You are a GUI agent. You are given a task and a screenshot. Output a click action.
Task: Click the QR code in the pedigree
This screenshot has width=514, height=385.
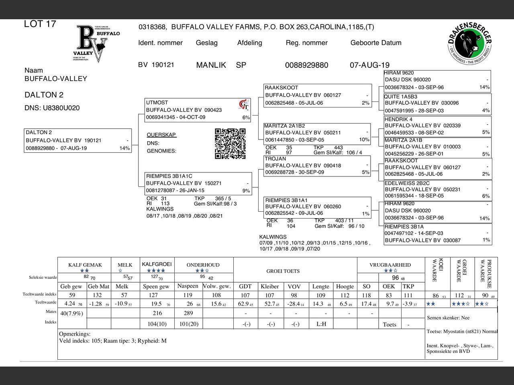(x=230, y=144)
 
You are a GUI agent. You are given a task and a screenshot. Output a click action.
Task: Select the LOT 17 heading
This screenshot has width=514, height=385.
(x=40, y=24)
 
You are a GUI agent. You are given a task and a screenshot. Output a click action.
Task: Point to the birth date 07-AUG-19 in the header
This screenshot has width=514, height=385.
(x=369, y=65)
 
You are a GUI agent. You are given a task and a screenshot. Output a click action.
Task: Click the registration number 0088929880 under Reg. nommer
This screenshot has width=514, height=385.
(x=306, y=65)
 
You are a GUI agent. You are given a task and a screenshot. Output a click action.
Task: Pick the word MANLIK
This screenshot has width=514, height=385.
(x=211, y=65)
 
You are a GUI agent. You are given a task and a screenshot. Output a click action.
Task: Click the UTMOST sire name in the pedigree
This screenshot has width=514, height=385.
(x=157, y=103)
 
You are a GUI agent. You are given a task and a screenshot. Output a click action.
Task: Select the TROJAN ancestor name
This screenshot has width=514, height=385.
(x=275, y=159)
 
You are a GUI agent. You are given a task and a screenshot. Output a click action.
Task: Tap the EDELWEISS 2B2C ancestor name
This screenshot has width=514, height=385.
(x=407, y=183)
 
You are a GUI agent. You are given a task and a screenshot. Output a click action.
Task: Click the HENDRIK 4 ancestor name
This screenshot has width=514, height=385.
(x=398, y=119)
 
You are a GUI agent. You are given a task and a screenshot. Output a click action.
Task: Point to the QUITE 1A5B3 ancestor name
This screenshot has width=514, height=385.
(x=400, y=97)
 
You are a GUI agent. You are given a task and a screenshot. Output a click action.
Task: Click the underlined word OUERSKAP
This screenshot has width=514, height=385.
(x=161, y=135)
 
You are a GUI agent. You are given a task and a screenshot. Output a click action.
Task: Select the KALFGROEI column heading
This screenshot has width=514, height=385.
(x=157, y=264)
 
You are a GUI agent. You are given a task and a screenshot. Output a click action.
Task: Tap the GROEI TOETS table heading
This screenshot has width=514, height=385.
(x=283, y=271)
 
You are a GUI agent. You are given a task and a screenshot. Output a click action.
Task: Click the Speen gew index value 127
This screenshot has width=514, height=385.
(x=153, y=295)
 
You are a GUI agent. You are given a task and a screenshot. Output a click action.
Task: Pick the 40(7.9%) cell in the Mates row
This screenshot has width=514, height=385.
(x=71, y=313)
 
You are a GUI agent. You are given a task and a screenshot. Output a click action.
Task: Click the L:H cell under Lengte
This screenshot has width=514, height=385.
(x=321, y=324)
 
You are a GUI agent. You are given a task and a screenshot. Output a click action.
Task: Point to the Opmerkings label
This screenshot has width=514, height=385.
(x=75, y=334)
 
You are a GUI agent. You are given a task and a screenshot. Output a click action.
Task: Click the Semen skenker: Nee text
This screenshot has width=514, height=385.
(x=448, y=318)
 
